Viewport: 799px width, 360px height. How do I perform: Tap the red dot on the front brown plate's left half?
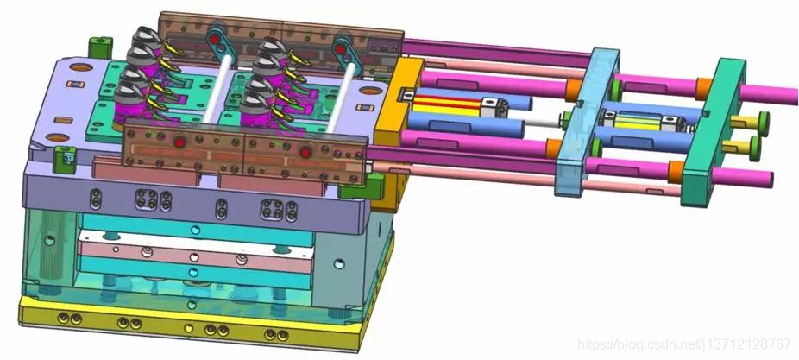(179, 142)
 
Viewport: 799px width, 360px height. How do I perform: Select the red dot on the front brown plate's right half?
(305, 151)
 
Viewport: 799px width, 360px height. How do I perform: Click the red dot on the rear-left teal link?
(215, 39)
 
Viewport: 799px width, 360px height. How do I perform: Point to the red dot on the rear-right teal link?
(340, 49)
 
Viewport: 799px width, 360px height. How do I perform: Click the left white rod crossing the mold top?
(217, 89)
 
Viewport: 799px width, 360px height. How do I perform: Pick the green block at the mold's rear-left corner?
(100, 47)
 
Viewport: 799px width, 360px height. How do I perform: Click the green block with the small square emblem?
(66, 159)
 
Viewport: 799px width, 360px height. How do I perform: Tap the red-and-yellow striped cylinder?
(446, 104)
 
